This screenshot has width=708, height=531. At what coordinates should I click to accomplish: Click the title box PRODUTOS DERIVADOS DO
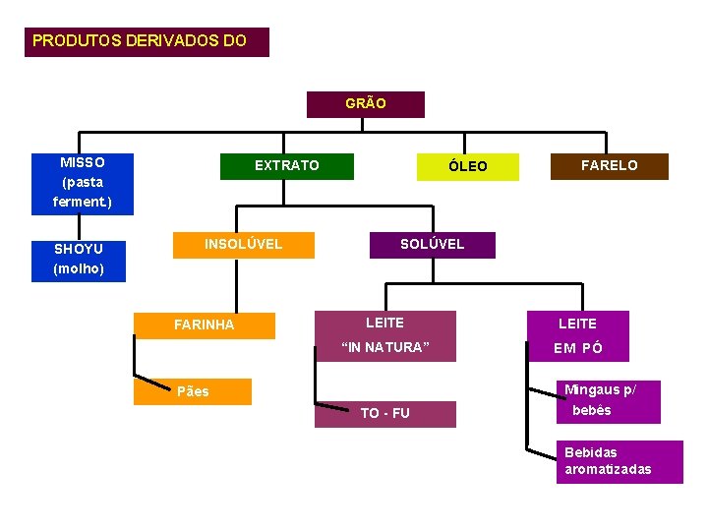coord(147,42)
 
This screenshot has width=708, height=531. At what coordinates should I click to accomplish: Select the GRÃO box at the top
coord(366,104)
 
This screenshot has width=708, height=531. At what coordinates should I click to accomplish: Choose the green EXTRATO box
coord(286,166)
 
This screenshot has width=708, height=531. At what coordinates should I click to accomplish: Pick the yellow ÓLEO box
coord(468,167)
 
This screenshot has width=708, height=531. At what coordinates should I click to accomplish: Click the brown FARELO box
coord(610,166)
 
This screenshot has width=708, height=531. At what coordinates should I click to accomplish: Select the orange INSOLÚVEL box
coord(243,245)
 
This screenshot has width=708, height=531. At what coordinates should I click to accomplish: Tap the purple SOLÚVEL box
coord(432,245)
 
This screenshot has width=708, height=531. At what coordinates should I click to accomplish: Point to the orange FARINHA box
coord(205,325)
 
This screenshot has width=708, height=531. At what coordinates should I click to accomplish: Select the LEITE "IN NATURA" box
coord(385,335)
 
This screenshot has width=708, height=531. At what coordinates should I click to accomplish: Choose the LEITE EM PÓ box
coord(578,335)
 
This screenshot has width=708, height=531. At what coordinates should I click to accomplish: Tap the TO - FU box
coord(385,414)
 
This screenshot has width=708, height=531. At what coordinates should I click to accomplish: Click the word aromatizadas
coord(608,470)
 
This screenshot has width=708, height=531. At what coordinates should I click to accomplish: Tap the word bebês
coord(592,411)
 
